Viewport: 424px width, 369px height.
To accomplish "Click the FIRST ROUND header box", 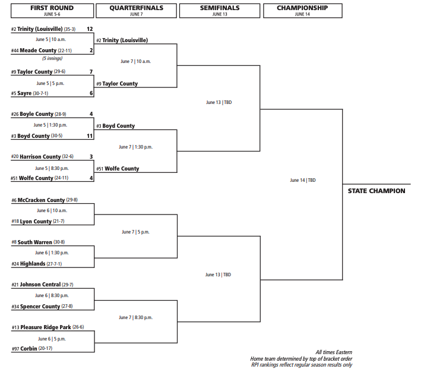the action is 52,11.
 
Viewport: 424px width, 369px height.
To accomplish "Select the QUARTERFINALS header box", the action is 137,11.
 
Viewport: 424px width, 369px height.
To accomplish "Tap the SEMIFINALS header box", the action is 220,11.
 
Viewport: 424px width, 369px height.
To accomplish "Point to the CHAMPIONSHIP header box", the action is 303,11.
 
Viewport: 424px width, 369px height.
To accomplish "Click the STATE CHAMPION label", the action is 376,191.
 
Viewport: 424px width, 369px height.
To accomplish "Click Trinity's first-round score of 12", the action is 90,29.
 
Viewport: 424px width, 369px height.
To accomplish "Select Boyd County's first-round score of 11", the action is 90,136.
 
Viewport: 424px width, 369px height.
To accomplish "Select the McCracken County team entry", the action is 45,200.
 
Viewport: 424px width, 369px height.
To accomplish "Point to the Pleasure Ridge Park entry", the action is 48,327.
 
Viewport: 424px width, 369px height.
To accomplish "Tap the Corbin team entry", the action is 32,348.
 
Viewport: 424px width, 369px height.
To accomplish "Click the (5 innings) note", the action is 52,58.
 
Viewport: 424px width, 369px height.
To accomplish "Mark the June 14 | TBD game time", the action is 303,180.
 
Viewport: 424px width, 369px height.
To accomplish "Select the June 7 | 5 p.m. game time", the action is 135,232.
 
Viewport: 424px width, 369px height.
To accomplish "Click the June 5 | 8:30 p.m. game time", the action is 52,168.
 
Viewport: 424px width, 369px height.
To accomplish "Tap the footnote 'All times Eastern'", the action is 334,352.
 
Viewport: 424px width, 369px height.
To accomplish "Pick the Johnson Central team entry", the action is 42,285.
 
